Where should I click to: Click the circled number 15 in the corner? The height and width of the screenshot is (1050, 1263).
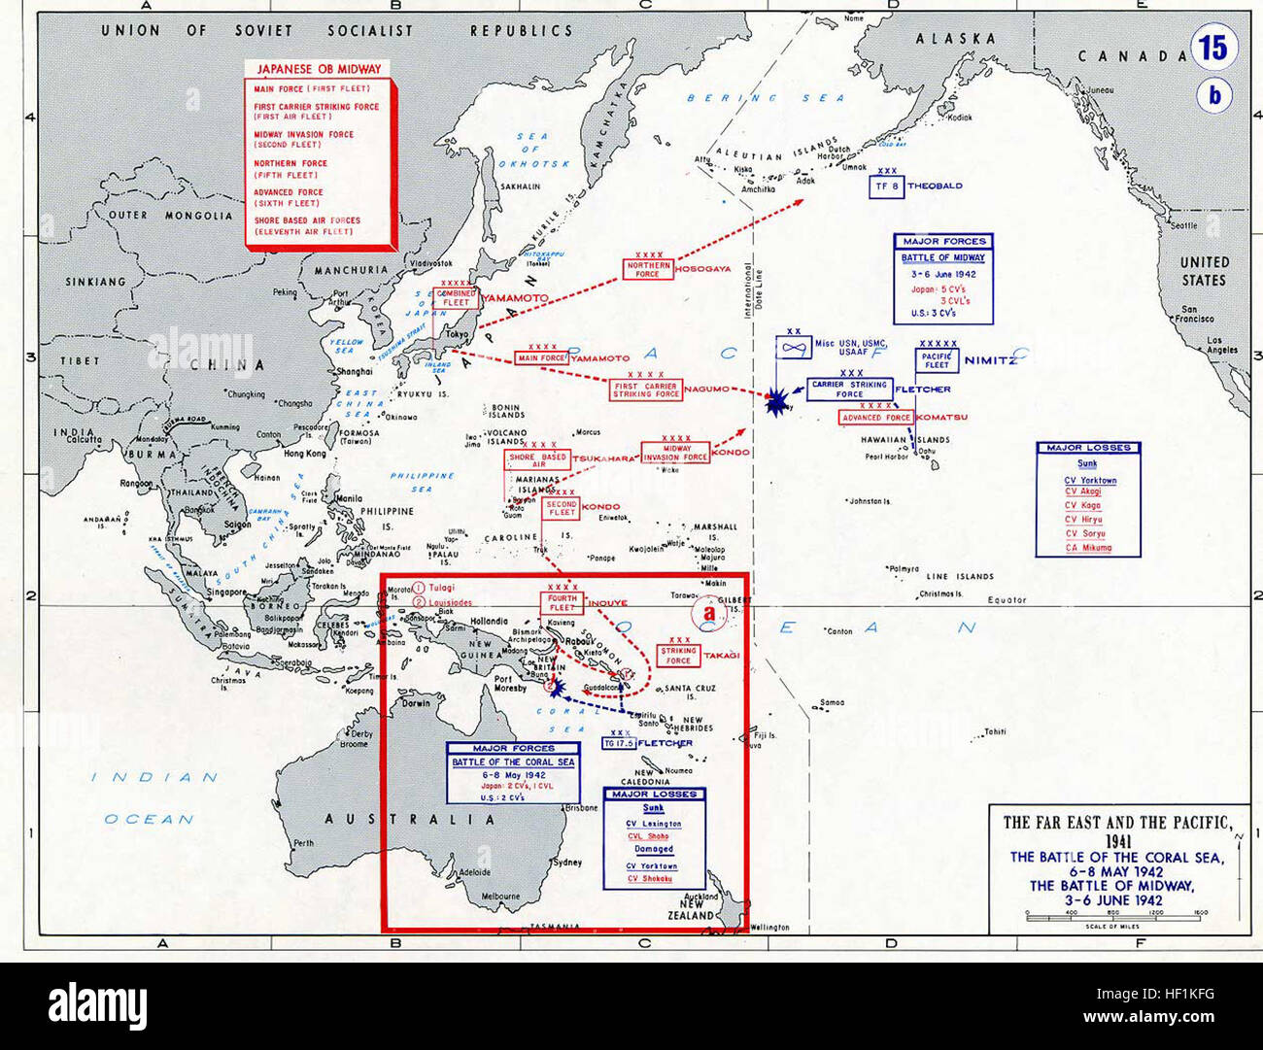pos(1213,48)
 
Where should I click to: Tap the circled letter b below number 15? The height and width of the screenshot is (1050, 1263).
pos(1213,96)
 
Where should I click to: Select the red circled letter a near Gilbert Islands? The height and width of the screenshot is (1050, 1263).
pos(709,614)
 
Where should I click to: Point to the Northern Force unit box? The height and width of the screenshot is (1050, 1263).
pos(648,269)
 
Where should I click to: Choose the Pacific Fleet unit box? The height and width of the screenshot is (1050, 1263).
pos(937,360)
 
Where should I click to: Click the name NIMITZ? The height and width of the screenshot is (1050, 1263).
pos(990,360)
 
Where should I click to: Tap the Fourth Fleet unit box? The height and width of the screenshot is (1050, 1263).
pos(563,602)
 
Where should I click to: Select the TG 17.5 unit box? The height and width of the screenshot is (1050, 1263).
pos(618,743)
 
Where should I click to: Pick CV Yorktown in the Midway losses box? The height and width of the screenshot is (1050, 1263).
pos(1090,480)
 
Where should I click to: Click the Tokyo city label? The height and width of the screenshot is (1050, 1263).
pos(457,334)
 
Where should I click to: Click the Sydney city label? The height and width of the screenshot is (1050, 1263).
pos(566,862)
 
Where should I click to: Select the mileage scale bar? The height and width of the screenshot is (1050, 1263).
pos(1116,914)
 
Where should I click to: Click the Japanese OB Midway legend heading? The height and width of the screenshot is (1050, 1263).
pos(319,69)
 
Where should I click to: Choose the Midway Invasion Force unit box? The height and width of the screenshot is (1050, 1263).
pos(675,453)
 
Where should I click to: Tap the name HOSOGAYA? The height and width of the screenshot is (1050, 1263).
pos(701,268)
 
